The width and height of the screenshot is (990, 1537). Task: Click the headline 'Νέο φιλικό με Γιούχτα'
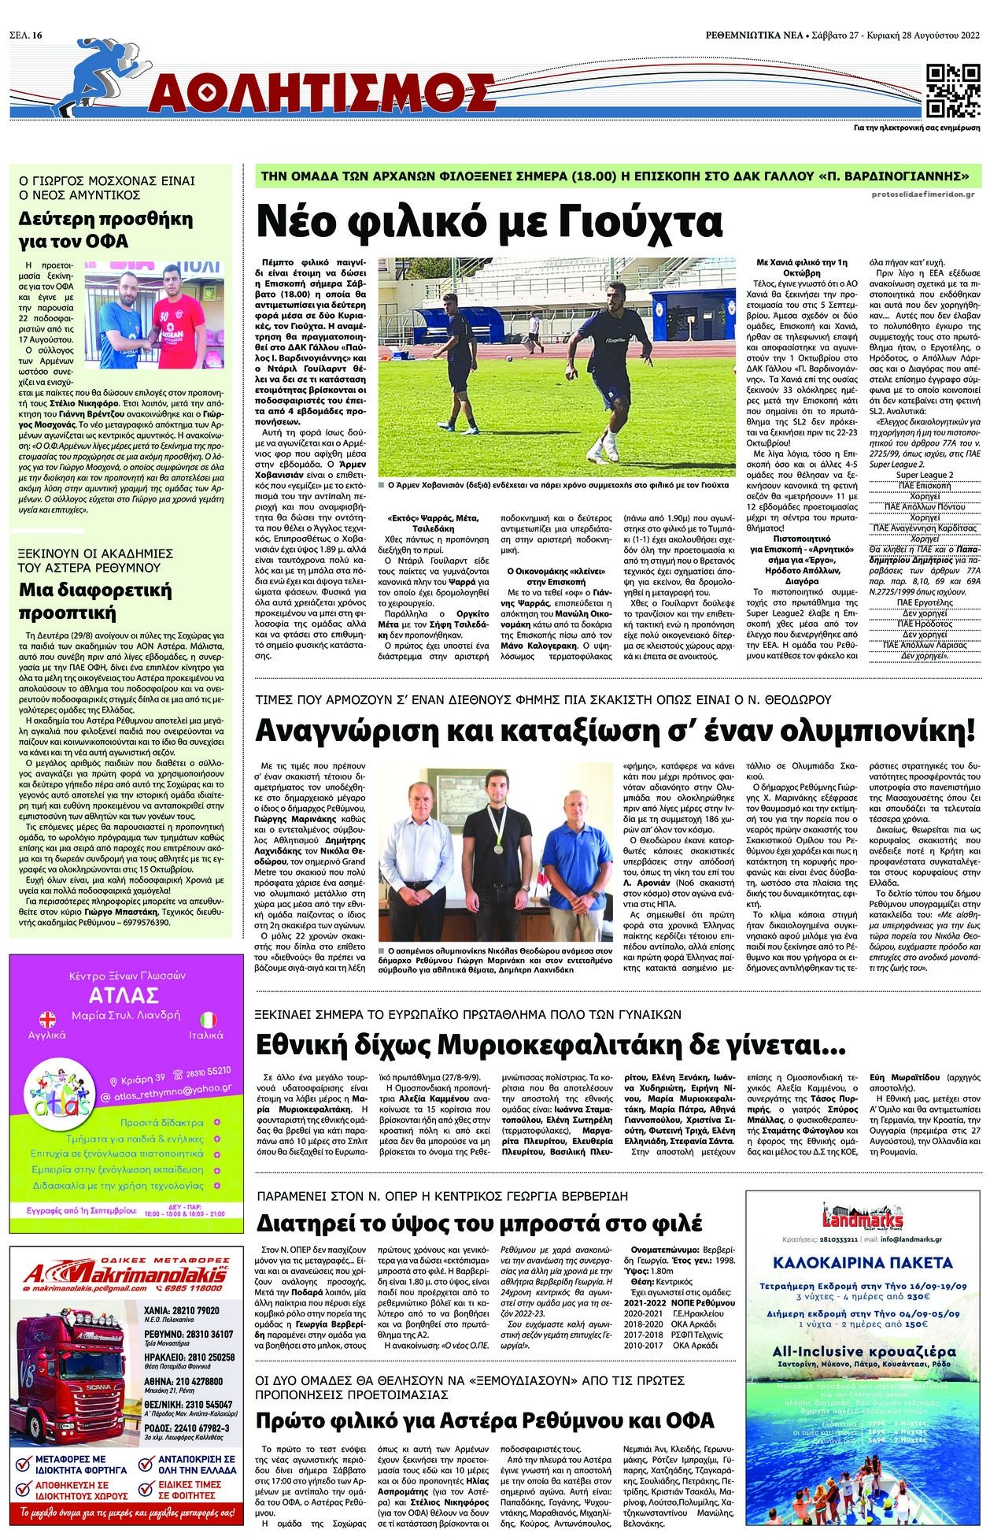click(x=489, y=221)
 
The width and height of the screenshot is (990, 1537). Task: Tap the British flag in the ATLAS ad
click(x=49, y=1019)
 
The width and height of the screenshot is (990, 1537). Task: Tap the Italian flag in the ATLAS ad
click(x=209, y=1019)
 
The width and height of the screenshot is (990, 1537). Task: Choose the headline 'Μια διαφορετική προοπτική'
click(x=95, y=602)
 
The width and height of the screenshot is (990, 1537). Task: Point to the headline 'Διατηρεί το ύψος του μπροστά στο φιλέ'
click(x=479, y=1224)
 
